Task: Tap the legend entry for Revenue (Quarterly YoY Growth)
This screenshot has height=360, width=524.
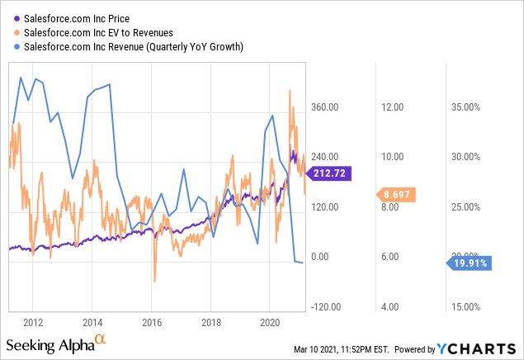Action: pos(132,46)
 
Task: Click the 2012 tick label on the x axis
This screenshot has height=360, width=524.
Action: pos(33,322)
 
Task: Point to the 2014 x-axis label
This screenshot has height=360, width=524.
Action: pos(92,322)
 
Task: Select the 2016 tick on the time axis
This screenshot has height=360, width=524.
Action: pos(152,322)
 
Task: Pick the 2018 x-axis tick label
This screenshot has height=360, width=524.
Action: pos(211,322)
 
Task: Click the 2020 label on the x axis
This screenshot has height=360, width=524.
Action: pos(271,322)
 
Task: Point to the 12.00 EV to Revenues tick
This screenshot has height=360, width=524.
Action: pos(390,107)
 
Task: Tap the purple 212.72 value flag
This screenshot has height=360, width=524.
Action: pos(327,173)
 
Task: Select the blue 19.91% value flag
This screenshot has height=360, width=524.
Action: pos(469,263)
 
